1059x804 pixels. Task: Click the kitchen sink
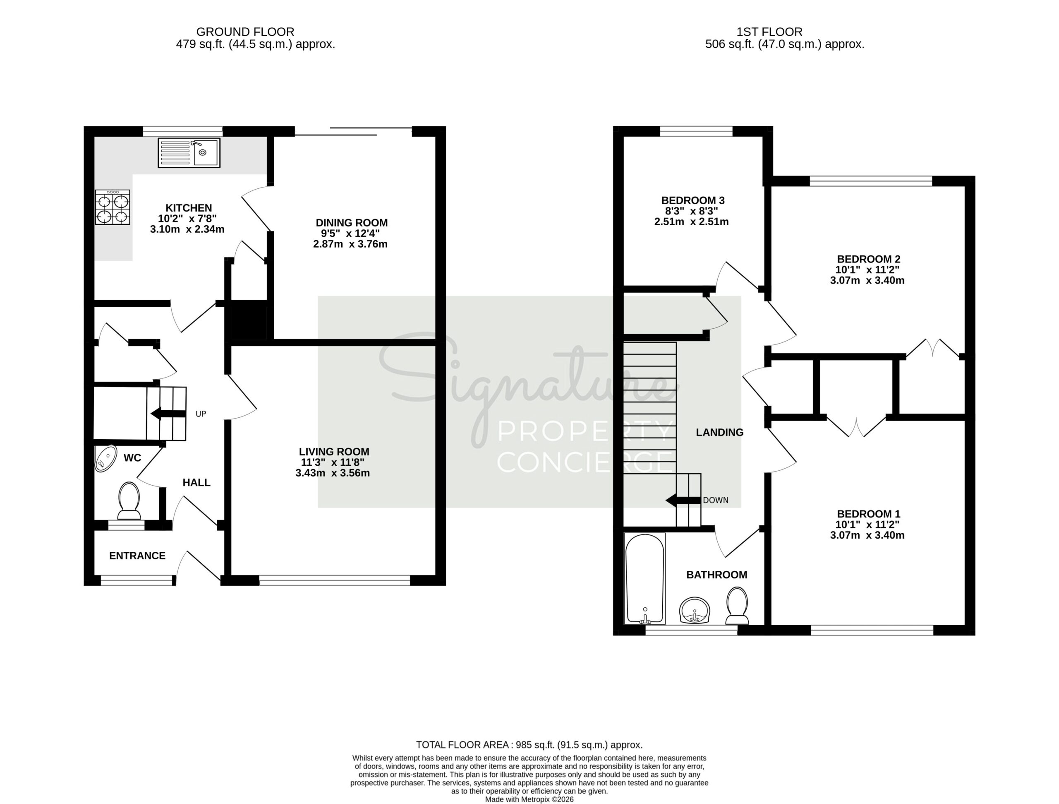189,153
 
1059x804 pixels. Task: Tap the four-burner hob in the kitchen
113,207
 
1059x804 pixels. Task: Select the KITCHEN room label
189,208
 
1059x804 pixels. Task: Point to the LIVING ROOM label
334,451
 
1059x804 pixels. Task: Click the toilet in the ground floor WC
129,501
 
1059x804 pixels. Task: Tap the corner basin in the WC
106,459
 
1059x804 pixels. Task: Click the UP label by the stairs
201,414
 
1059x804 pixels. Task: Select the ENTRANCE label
137,556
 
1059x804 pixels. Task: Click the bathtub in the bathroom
645,578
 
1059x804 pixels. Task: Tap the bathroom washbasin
695,610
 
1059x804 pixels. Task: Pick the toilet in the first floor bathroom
737,606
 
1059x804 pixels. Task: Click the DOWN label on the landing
716,500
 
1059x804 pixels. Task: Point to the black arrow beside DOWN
684,501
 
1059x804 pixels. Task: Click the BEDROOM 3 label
693,200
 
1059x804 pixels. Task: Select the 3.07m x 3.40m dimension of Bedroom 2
867,280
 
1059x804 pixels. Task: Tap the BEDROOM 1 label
868,514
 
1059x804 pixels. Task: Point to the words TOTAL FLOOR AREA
462,744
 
